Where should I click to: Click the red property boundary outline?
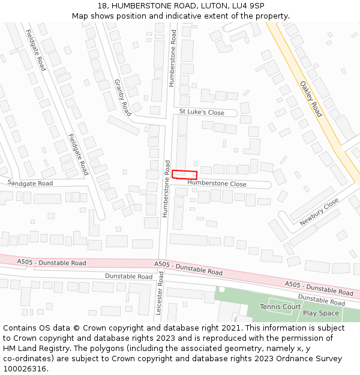[185, 175]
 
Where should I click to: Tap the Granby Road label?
[122, 97]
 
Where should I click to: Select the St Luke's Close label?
[202, 112]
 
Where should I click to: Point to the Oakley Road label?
[311, 99]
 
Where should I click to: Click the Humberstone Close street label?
[217, 184]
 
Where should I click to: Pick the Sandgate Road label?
[30, 183]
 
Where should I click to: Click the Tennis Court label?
[280, 307]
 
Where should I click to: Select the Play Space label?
[321, 313]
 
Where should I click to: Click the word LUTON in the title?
[211, 5]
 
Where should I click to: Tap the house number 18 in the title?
[102, 5]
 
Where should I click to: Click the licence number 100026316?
[25, 369]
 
